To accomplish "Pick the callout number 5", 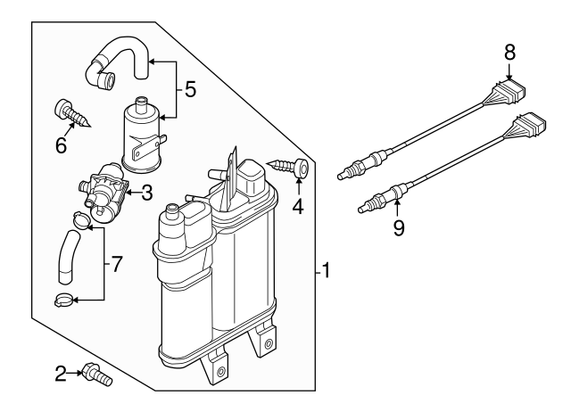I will point(189,89).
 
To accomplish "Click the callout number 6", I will point(61,144).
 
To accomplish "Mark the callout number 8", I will point(509,52).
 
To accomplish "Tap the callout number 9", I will point(398,228).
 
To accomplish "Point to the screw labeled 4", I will point(286,167).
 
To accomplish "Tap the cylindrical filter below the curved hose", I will point(141,134).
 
